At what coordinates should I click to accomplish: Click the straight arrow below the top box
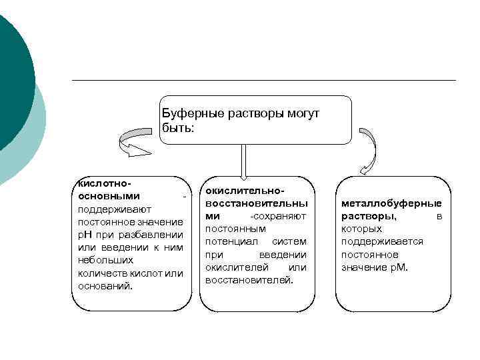click(x=243, y=160)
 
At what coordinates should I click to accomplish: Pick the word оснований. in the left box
click(x=105, y=285)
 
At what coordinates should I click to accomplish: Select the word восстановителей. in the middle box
click(x=249, y=280)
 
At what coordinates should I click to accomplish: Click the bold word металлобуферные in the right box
click(x=391, y=203)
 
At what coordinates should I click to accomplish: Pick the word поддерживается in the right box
click(x=382, y=241)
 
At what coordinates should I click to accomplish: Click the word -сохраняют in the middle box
click(x=278, y=216)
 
